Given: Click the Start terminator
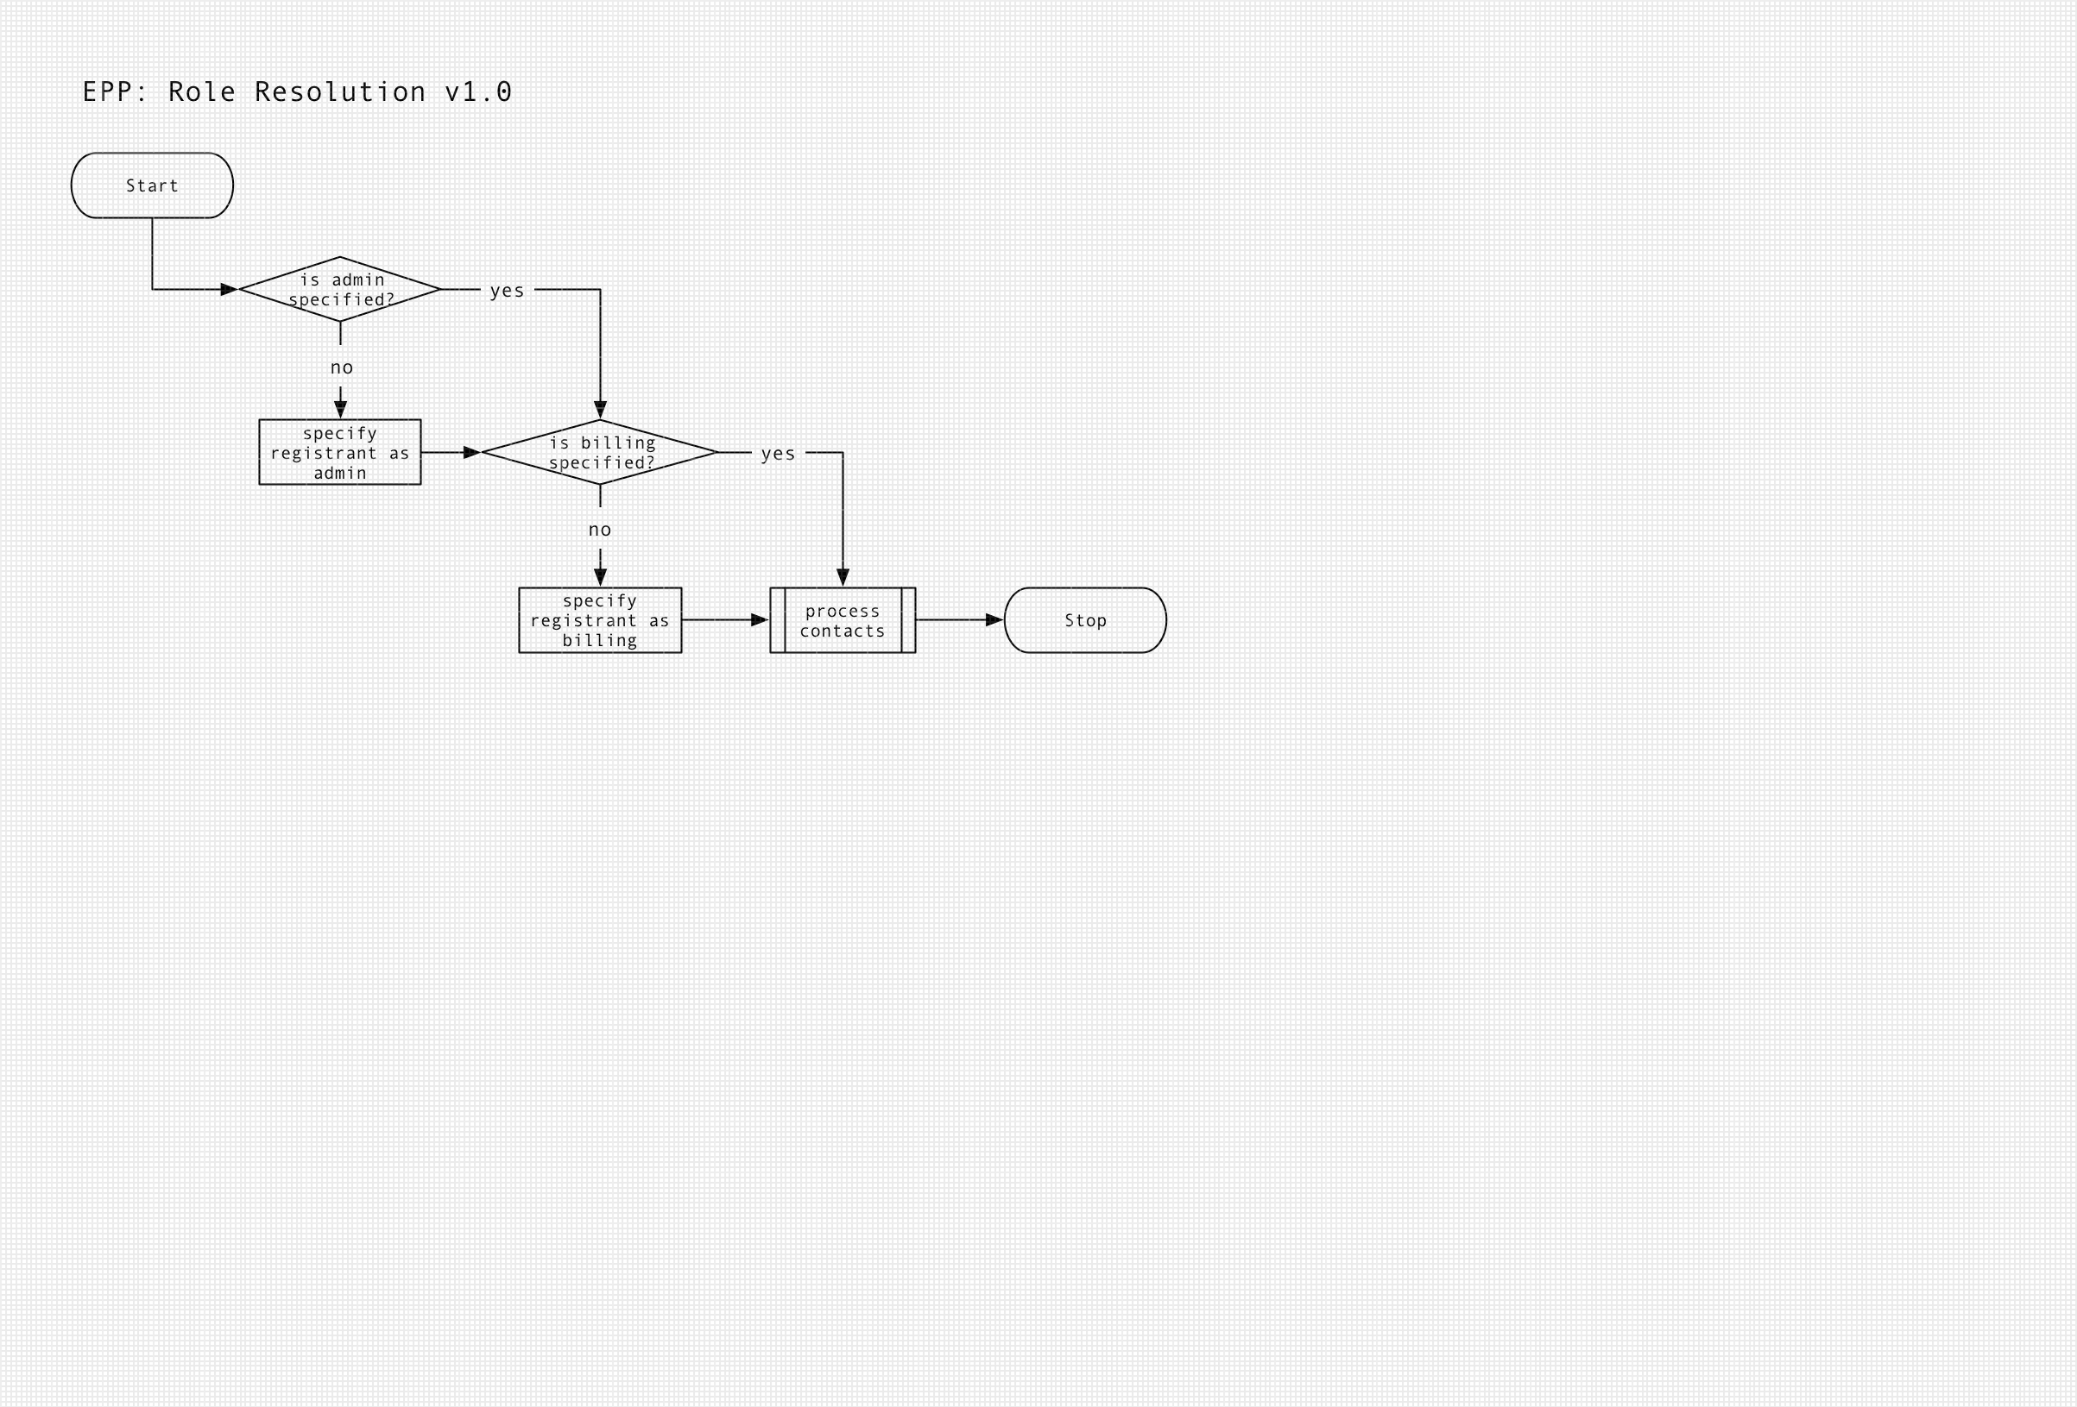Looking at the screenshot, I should tap(152, 185).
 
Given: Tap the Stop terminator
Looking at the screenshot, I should tap(1085, 620).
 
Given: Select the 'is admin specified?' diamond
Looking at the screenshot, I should tap(339, 290).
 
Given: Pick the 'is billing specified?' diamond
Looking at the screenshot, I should tap(600, 452).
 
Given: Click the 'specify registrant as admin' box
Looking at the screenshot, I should tap(339, 452).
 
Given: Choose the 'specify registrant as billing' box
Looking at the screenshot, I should tap(600, 620).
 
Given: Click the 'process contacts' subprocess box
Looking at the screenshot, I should tap(842, 620).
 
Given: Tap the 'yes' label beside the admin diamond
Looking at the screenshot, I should tap(507, 291).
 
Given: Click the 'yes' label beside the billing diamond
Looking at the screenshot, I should tap(778, 454).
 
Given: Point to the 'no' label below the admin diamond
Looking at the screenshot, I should tap(341, 367).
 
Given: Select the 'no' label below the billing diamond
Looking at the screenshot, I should tap(600, 530).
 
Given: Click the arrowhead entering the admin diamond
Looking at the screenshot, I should tap(229, 290).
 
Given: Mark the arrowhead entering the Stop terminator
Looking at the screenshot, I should tap(994, 620).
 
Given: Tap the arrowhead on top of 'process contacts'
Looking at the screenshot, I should tap(843, 577).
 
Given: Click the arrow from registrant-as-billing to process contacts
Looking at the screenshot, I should tap(724, 620).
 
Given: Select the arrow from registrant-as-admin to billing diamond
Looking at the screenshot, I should tap(451, 452).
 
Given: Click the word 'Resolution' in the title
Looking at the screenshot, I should tap(339, 92).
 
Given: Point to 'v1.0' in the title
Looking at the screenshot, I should tap(478, 92).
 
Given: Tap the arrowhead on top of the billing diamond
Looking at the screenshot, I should tap(601, 409).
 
